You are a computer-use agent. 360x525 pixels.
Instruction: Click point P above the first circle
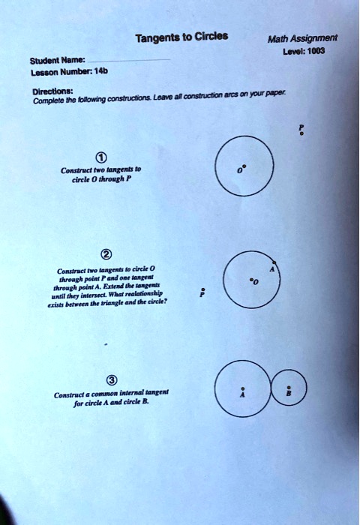pos(301,129)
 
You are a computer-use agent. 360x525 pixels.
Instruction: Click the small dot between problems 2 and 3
pos(107,346)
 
